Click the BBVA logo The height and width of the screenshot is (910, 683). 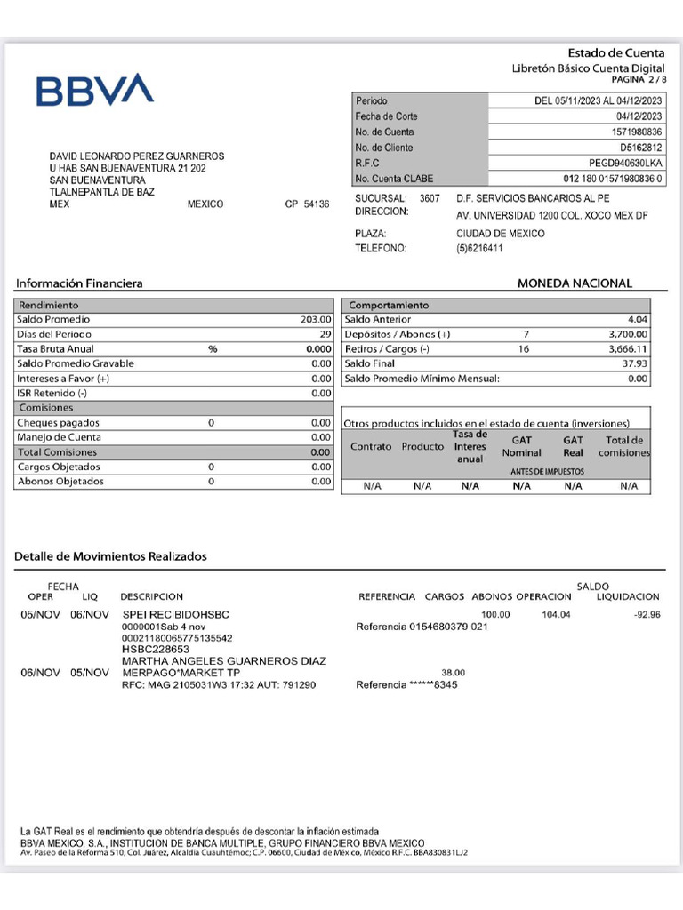(x=94, y=90)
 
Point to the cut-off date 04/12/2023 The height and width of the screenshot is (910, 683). (x=639, y=116)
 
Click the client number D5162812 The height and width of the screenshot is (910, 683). (x=640, y=148)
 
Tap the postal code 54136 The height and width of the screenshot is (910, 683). (x=316, y=204)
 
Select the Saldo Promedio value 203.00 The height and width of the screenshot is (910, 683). (x=316, y=320)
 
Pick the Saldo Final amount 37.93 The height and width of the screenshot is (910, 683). (x=636, y=363)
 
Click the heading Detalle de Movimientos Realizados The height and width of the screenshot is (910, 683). (x=110, y=556)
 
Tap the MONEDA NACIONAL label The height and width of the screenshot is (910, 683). (x=575, y=283)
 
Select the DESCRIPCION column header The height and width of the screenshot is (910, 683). (x=151, y=597)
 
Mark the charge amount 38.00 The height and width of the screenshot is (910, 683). (x=453, y=673)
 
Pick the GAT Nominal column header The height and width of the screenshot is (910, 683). (x=522, y=446)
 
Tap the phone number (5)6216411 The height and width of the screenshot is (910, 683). (x=479, y=249)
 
